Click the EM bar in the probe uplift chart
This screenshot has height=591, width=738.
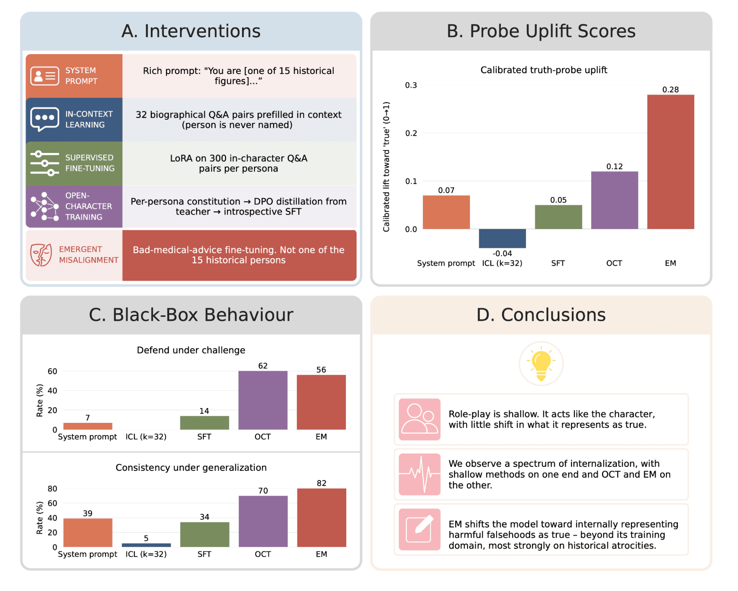(670, 162)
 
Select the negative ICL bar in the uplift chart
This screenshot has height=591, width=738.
(502, 238)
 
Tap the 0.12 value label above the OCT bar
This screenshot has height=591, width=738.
(614, 166)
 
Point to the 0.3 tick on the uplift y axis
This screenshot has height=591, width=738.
(411, 85)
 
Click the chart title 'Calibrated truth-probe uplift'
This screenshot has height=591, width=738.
(544, 70)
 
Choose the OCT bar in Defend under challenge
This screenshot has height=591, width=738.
(262, 400)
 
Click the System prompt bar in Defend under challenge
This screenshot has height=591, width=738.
(88, 426)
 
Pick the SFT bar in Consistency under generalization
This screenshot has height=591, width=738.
(204, 534)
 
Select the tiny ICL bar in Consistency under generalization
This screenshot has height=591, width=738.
(146, 545)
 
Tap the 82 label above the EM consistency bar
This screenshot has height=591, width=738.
(321, 483)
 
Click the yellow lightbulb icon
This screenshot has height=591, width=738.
(541, 363)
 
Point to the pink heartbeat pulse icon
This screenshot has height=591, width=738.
(419, 474)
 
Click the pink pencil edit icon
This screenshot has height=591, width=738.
(419, 529)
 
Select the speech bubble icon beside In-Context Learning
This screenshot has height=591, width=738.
(44, 119)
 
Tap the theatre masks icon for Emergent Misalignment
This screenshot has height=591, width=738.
(41, 255)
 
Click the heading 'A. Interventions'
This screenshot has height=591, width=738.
(191, 31)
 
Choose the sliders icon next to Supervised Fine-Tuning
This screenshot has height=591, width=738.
(44, 163)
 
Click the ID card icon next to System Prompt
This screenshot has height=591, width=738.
(44, 76)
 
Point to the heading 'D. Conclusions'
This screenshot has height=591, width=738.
(541, 315)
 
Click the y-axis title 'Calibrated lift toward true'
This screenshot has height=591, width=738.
(386, 167)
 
